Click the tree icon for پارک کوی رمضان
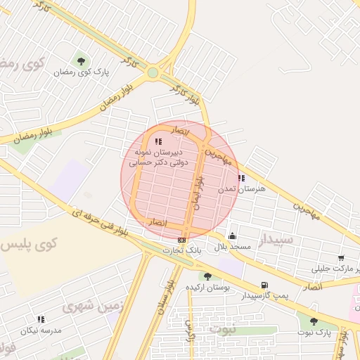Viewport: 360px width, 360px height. click(81, 60)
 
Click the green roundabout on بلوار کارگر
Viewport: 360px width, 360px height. click(153, 72)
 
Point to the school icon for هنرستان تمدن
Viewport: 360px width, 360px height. click(242, 178)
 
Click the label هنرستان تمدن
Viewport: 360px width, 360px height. click(251, 189)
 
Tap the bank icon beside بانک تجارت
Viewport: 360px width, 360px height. click(182, 240)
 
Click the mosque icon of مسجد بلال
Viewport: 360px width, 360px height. click(233, 236)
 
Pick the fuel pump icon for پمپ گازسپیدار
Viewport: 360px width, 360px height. click(264, 285)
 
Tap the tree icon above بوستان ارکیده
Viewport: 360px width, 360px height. click(207, 276)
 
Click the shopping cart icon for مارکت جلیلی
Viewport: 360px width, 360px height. click(341, 259)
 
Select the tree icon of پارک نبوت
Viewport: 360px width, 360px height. click(314, 321)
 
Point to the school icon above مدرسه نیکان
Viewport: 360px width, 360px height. click(41, 319)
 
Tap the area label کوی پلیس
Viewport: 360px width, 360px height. click(28, 245)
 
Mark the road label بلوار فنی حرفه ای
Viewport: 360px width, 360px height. click(102, 221)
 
